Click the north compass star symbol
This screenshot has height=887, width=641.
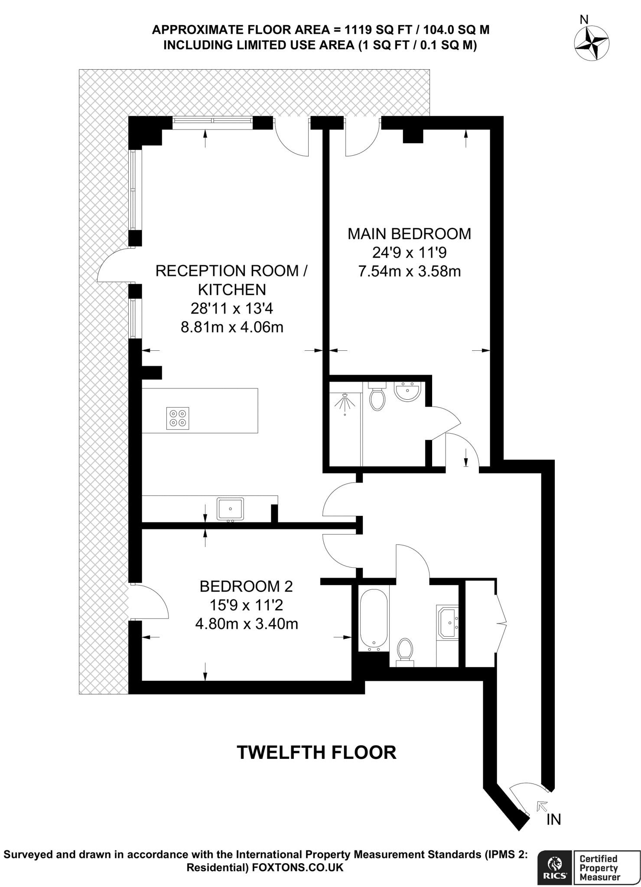(592, 43)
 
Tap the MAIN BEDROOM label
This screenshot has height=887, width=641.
(409, 234)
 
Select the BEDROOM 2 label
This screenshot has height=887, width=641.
(246, 586)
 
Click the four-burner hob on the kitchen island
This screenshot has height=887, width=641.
(178, 418)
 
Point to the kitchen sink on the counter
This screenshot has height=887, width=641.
(230, 509)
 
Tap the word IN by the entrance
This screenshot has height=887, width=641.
(553, 819)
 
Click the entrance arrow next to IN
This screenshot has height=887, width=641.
(541, 806)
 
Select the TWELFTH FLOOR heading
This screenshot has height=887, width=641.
(316, 753)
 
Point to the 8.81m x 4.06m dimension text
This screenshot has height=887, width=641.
(232, 327)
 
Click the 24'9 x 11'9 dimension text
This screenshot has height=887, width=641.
(409, 253)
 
